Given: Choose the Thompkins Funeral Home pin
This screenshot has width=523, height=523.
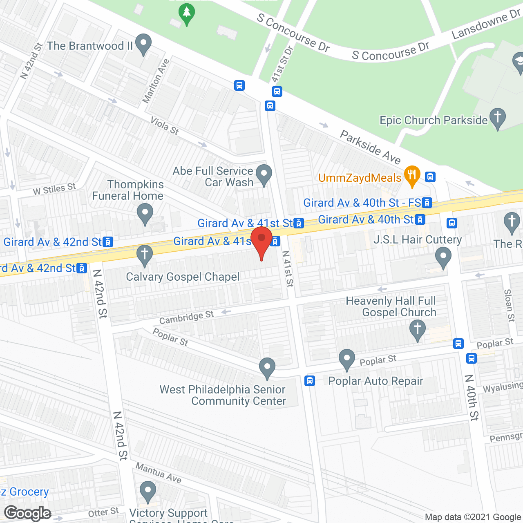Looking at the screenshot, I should (x=145, y=213).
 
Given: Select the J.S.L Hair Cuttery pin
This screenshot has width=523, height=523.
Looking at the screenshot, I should (x=443, y=258).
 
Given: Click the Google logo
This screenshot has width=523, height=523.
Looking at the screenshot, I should (x=28, y=513).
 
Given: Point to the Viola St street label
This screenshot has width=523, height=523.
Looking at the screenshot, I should (x=165, y=125).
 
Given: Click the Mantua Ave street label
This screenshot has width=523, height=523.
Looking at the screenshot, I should (x=159, y=472).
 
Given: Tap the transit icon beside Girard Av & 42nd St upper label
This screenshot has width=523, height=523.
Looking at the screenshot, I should (x=108, y=242).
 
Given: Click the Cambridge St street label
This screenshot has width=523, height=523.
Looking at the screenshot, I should (x=186, y=317).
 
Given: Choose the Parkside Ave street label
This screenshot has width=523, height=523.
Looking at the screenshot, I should (x=370, y=147).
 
